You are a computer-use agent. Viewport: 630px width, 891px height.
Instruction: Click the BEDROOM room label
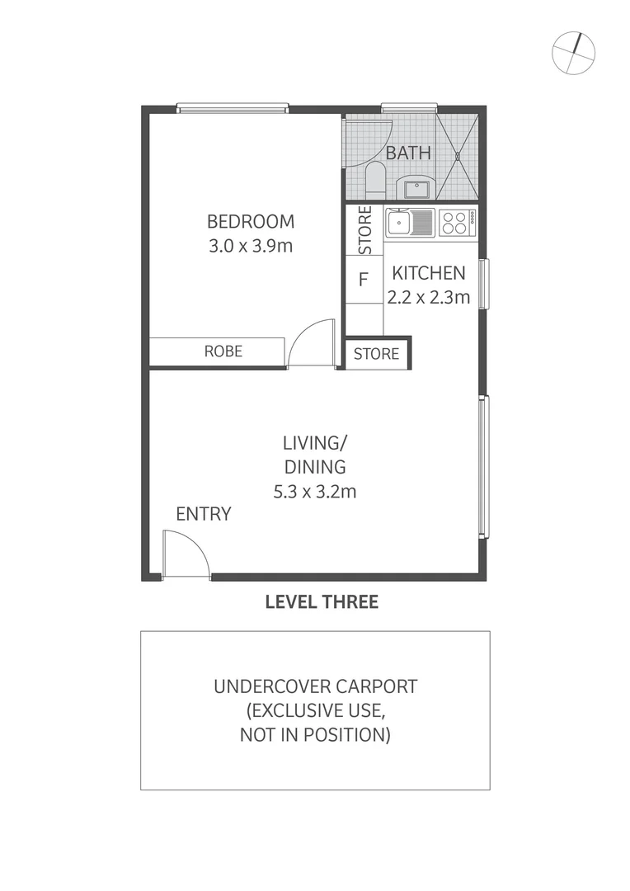click(251, 221)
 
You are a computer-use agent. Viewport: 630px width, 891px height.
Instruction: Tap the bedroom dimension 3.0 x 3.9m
click(251, 246)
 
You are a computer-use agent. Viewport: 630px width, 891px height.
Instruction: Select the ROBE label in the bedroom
click(223, 351)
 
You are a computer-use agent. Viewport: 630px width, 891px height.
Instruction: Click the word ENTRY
click(204, 514)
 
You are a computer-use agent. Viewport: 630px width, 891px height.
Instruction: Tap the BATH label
click(408, 153)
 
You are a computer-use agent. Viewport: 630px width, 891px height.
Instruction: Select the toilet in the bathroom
click(375, 180)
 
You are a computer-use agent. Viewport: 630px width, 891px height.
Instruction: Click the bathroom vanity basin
click(417, 187)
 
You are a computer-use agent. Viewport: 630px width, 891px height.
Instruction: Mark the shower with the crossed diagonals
click(456, 155)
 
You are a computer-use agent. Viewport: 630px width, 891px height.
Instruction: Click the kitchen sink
click(411, 223)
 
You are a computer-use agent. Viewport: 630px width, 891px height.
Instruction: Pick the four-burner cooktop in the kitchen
click(457, 223)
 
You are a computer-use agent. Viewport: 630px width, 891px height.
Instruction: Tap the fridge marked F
click(362, 279)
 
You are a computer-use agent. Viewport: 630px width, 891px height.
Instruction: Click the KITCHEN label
click(428, 272)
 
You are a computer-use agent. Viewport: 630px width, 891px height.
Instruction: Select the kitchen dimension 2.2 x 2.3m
click(428, 297)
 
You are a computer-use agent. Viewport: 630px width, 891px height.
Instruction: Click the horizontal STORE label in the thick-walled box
click(376, 354)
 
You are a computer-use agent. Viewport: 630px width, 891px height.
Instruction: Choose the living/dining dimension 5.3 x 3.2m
click(314, 492)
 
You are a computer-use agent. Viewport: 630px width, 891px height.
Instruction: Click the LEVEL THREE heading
click(322, 602)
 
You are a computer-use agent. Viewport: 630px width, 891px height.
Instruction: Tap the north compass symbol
click(573, 52)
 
